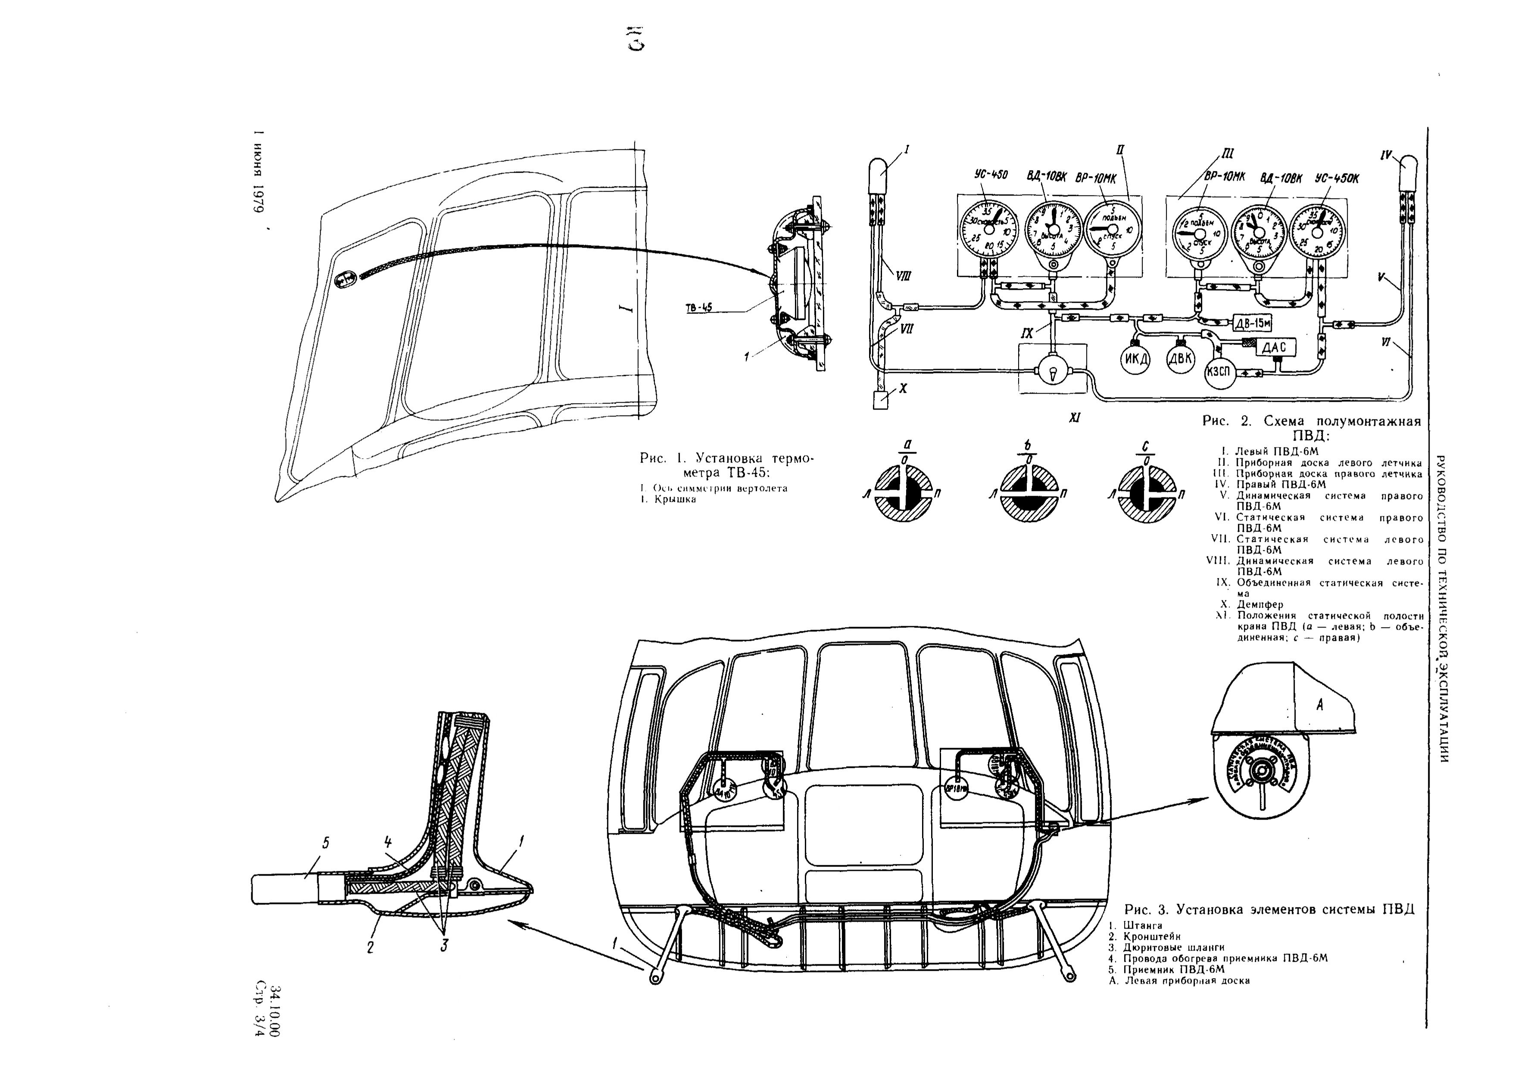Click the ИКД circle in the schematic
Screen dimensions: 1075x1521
pos(1135,360)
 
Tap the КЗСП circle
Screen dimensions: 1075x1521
pos(1218,372)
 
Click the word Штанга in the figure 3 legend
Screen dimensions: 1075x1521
pos(1142,925)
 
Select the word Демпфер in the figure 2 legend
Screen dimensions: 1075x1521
pos(1260,604)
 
